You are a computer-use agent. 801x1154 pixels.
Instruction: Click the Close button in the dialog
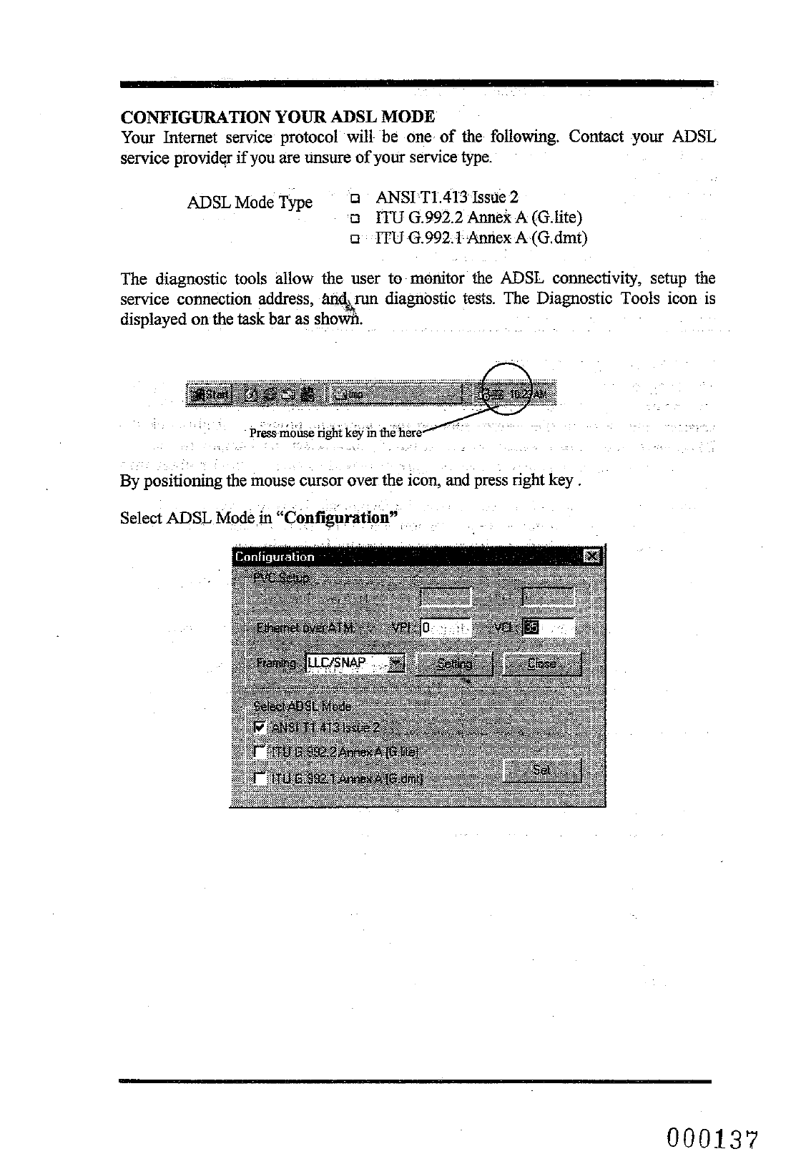pyautogui.click(x=542, y=664)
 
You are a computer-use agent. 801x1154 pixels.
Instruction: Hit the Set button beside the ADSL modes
pyautogui.click(x=542, y=771)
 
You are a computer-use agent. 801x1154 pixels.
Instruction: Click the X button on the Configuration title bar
pyautogui.click(x=591, y=557)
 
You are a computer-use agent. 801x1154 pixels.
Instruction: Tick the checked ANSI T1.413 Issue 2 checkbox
pyautogui.click(x=261, y=728)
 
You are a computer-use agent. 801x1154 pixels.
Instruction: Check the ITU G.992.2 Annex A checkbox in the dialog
pyautogui.click(x=261, y=752)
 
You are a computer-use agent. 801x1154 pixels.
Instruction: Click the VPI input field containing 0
pyautogui.click(x=445, y=628)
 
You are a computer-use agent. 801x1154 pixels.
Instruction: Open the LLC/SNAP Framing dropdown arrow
pyautogui.click(x=396, y=664)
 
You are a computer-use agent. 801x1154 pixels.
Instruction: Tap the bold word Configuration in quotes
pyautogui.click(x=341, y=517)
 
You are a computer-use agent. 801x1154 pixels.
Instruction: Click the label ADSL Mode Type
pyautogui.click(x=250, y=202)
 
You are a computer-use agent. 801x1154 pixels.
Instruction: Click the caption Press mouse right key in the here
pyautogui.click(x=336, y=433)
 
